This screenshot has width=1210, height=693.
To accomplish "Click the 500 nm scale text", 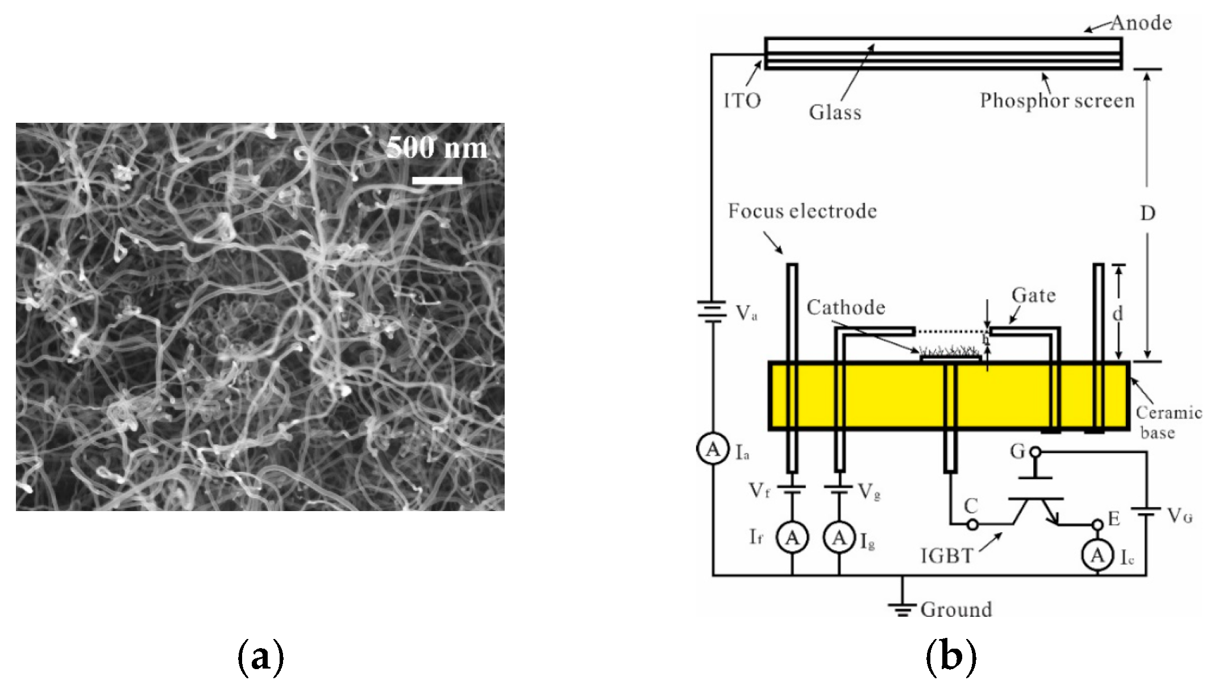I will pyautogui.click(x=436, y=148).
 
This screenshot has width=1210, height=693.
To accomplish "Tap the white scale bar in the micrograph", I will pyautogui.click(x=436, y=181).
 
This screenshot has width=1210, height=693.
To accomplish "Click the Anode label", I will pyautogui.click(x=1141, y=23).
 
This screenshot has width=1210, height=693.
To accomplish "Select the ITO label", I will pyautogui.click(x=742, y=101).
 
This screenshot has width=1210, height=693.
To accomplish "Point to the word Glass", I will pyautogui.click(x=835, y=113).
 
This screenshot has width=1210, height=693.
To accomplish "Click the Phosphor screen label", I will pyautogui.click(x=1057, y=101).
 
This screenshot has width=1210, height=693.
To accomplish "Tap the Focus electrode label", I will pyautogui.click(x=802, y=211).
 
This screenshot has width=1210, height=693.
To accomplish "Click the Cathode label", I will pyautogui.click(x=846, y=308).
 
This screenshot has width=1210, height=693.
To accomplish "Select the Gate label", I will pyautogui.click(x=1033, y=296).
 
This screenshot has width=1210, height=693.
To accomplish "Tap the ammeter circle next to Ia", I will pyautogui.click(x=713, y=450).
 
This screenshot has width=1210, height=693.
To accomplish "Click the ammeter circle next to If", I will pyautogui.click(x=792, y=538).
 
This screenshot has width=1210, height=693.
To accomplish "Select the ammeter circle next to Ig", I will pyautogui.click(x=839, y=538).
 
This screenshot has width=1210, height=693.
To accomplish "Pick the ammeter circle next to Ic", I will pyautogui.click(x=1097, y=555).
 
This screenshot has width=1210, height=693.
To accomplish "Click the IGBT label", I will pyautogui.click(x=947, y=555).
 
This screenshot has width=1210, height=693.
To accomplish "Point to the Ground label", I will pyautogui.click(x=956, y=609).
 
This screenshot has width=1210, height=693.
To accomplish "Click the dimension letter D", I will pyautogui.click(x=1147, y=214).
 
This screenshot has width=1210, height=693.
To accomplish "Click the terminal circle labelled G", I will pyautogui.click(x=1036, y=453).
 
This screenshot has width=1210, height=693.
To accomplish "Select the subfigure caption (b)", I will pyautogui.click(x=951, y=657).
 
